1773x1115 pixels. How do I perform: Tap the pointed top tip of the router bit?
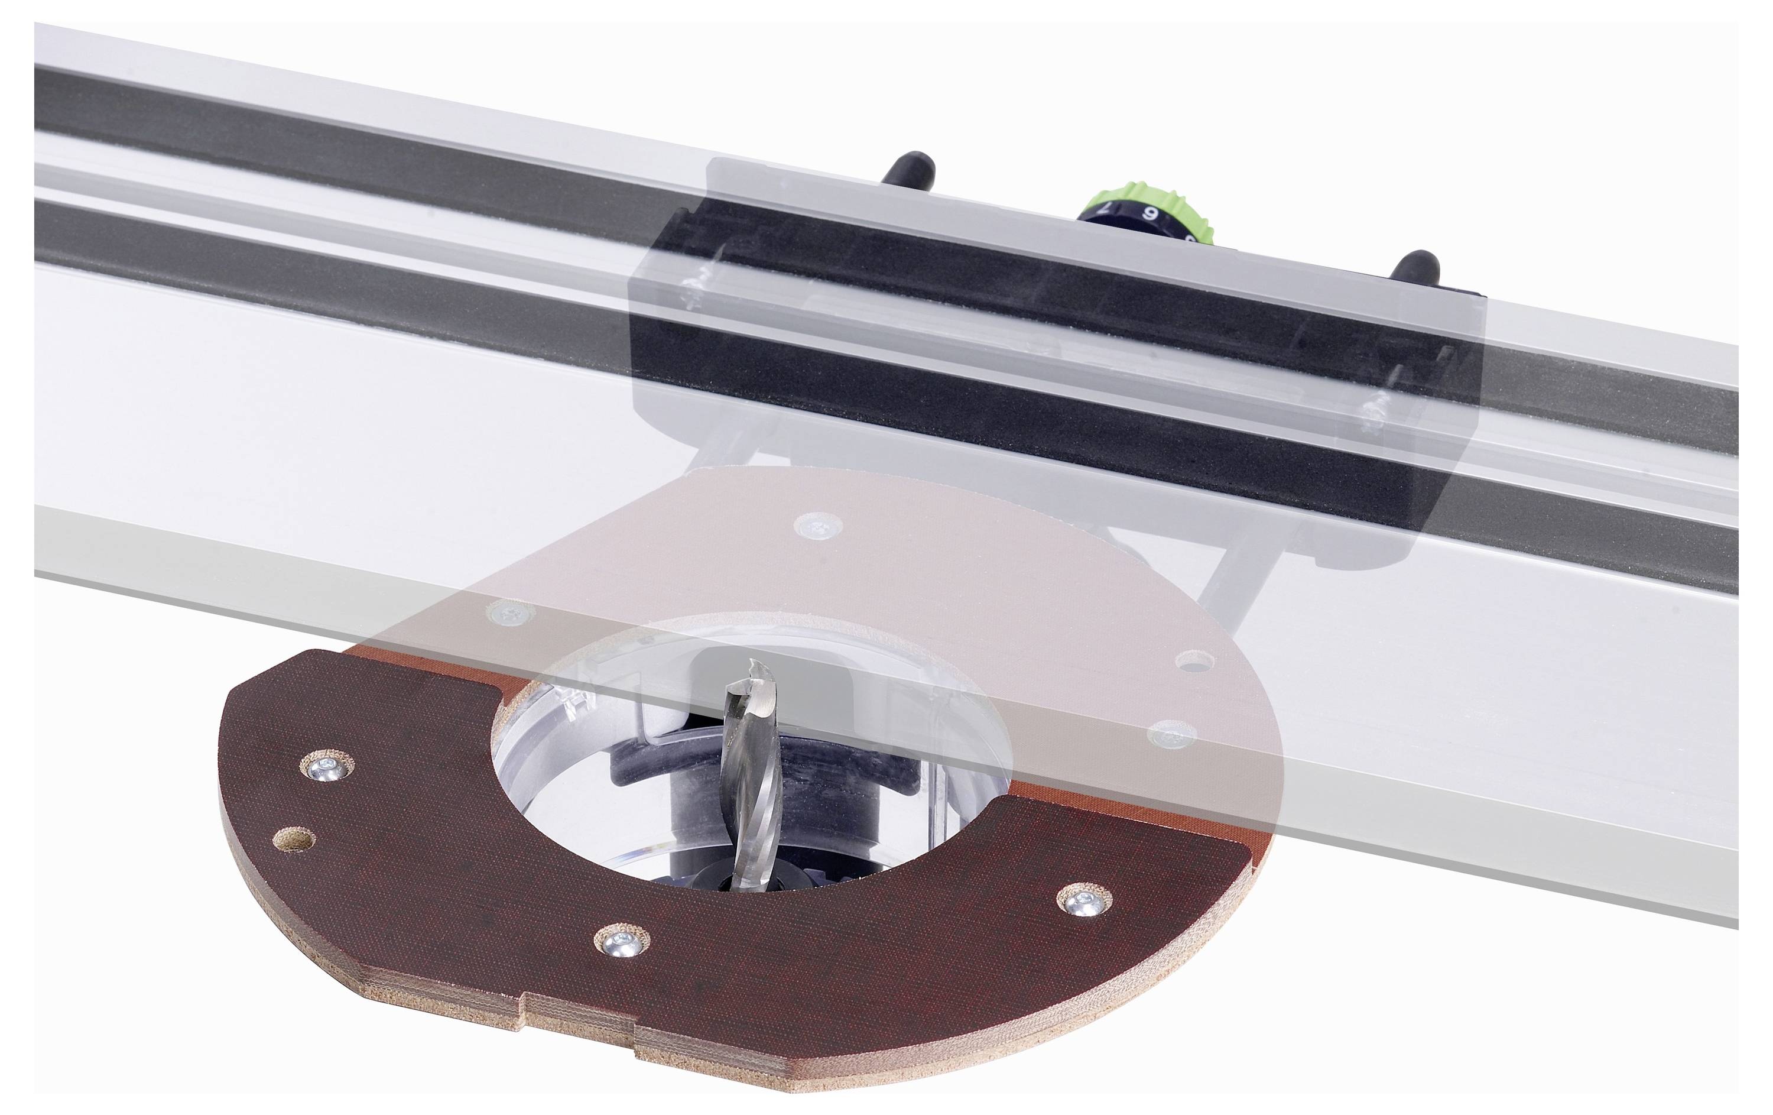tap(752, 665)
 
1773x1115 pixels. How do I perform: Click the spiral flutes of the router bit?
tap(748, 766)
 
